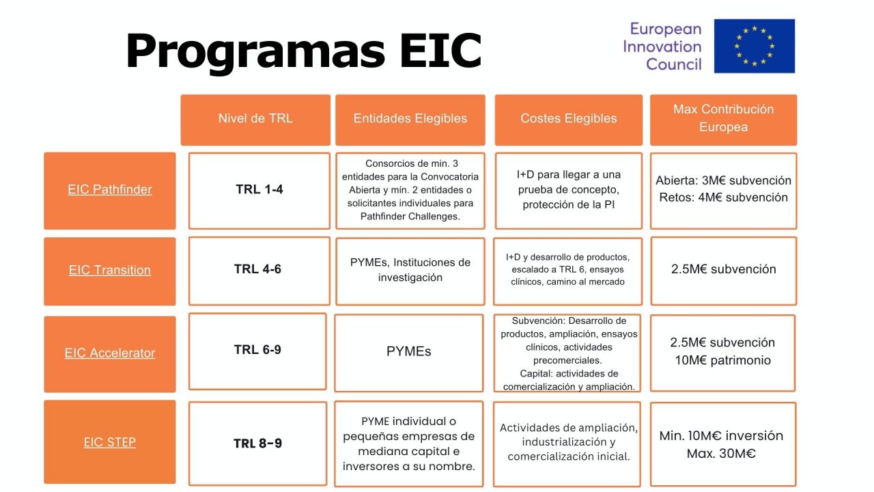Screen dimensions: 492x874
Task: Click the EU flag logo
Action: (x=754, y=46)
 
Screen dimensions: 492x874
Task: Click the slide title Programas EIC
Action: (x=304, y=51)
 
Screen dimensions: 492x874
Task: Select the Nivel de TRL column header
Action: (x=255, y=118)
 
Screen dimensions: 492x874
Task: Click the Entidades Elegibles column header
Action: (x=410, y=118)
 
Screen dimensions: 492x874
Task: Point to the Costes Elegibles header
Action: (x=569, y=118)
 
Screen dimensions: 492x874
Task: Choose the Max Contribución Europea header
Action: (x=723, y=118)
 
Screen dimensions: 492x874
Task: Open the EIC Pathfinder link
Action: (x=110, y=189)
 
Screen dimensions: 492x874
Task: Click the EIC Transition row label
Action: (x=110, y=270)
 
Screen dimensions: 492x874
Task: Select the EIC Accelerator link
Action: (x=110, y=353)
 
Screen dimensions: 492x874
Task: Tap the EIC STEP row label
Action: (x=110, y=442)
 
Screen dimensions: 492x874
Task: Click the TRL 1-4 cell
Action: (x=259, y=189)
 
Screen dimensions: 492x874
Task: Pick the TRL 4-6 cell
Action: (x=257, y=269)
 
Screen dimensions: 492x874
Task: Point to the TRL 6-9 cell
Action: (x=257, y=350)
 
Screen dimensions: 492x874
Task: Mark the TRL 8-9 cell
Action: (x=257, y=443)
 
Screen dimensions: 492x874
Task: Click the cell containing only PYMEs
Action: (x=409, y=352)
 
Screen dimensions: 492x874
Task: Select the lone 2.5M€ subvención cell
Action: (x=723, y=269)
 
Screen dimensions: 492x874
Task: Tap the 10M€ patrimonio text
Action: (x=723, y=360)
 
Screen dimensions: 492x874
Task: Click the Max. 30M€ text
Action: (x=721, y=454)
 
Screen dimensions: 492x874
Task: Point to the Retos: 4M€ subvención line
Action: (x=723, y=197)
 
